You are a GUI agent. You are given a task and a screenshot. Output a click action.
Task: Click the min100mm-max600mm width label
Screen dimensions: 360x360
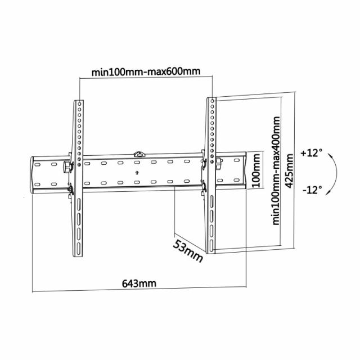(147, 72)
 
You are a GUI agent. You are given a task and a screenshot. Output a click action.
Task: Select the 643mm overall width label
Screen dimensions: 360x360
(139, 283)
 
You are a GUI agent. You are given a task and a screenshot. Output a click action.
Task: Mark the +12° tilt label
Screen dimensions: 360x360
(311, 152)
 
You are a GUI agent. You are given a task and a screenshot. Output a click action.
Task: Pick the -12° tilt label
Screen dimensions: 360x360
(311, 190)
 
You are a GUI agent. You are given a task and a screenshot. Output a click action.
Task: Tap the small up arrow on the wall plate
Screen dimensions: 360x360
(137, 172)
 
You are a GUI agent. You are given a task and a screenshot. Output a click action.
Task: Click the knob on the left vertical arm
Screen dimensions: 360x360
(69, 167)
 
